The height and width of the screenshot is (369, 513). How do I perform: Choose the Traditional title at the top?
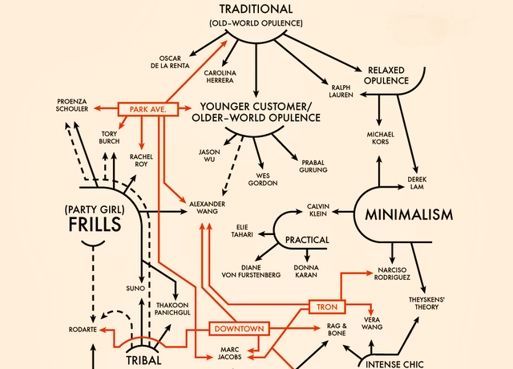coord(256,9)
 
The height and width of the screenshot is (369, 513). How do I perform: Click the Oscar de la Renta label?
coord(174,62)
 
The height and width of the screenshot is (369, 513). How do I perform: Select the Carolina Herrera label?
coord(220,77)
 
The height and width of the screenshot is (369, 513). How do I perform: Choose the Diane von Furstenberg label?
coord(260,271)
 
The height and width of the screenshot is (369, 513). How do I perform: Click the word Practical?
coord(307,239)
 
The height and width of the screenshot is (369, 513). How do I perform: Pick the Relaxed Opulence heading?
coord(388,75)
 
